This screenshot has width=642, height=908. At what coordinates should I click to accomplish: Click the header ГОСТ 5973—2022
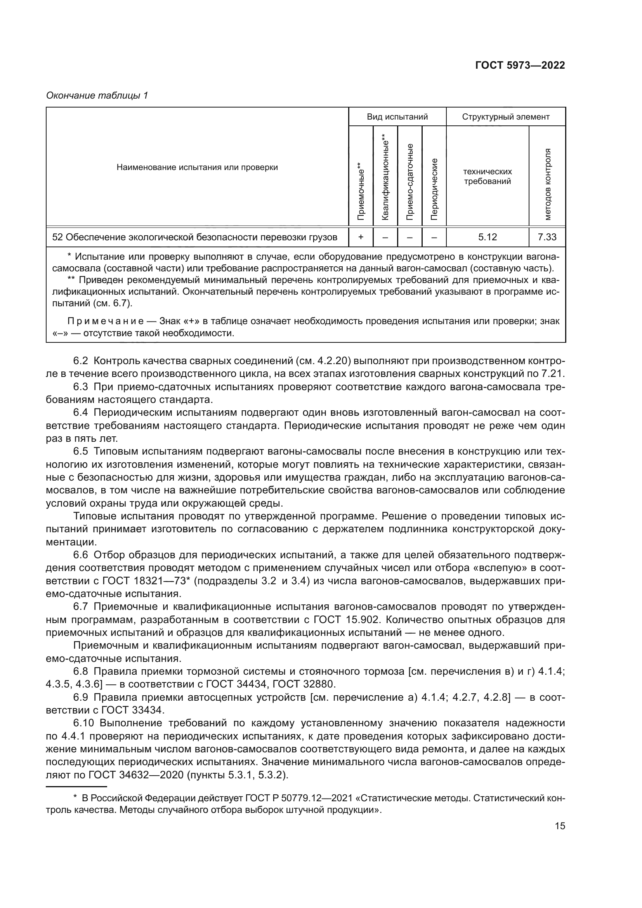(520, 65)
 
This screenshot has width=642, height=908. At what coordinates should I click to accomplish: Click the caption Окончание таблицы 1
(97, 95)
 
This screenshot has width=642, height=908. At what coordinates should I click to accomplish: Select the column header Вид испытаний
(397, 117)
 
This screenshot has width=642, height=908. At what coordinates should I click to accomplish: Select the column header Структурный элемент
(506, 117)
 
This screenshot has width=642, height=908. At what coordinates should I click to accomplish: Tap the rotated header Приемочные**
(360, 191)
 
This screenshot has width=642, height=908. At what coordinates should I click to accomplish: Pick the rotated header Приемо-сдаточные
(409, 182)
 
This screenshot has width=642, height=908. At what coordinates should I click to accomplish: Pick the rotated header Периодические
(434, 189)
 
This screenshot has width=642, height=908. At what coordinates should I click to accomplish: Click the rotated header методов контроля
(547, 184)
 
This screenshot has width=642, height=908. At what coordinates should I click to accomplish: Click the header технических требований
(487, 176)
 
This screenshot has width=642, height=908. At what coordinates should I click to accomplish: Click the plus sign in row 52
(360, 237)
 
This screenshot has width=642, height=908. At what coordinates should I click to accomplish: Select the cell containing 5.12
(487, 237)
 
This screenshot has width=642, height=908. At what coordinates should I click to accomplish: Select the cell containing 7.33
(547, 237)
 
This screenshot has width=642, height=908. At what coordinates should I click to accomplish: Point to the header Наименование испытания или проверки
(197, 167)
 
